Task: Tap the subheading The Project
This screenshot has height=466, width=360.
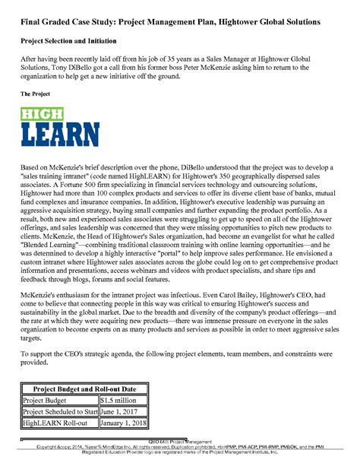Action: (36, 94)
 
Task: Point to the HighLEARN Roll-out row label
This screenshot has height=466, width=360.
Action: (53, 423)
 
